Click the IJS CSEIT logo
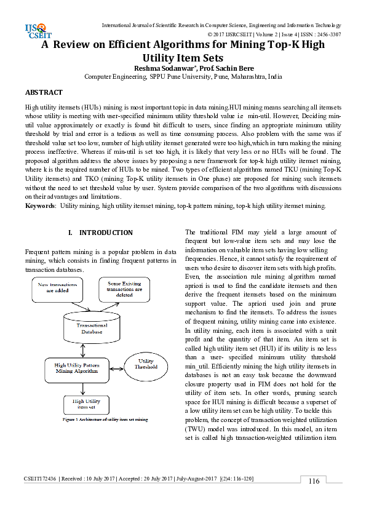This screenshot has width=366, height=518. [x=35, y=30]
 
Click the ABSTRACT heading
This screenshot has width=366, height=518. [x=44, y=92]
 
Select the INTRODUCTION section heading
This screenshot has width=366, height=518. [x=100, y=233]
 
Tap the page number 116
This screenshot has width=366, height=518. [x=314, y=481]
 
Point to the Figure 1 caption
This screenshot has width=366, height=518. [x=105, y=420]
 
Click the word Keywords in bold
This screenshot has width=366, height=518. [x=39, y=205]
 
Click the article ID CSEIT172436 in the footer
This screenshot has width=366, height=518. [x=41, y=479]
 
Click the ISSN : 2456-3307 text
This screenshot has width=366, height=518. [x=320, y=34]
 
